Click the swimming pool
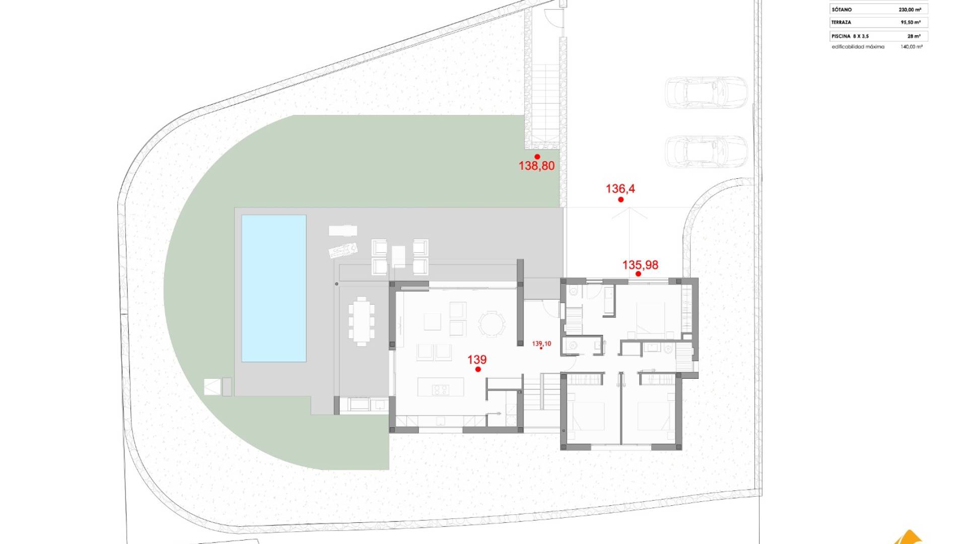coord(274,288)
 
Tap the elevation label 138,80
coord(536,166)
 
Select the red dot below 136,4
coord(621,199)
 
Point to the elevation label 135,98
coord(640,265)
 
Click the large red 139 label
coord(477,360)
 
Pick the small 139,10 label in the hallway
coord(541,344)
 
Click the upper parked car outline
coord(705,92)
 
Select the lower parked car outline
coord(705,151)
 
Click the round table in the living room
coord(491,324)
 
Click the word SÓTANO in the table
coord(842,10)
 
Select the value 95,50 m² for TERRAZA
coord(911,23)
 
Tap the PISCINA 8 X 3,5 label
coord(850,36)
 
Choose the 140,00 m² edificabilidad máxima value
coord(912,47)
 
